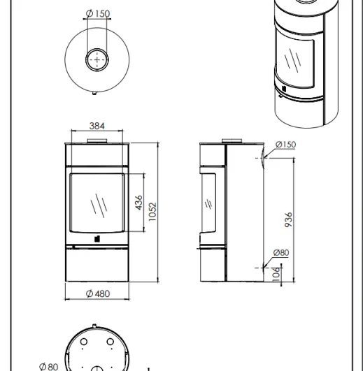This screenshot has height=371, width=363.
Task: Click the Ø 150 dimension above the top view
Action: (x=98, y=13)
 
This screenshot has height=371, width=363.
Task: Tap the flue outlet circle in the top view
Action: (x=97, y=49)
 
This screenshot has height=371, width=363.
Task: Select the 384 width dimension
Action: (x=97, y=126)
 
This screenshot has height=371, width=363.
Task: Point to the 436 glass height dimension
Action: (x=138, y=203)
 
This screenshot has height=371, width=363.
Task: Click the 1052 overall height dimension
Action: (x=152, y=212)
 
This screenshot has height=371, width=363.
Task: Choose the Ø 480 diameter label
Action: (x=98, y=293)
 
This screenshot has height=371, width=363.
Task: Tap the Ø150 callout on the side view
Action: (x=286, y=145)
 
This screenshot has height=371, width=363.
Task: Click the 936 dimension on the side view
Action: (x=288, y=220)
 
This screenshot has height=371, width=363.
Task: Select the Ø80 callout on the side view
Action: (x=281, y=253)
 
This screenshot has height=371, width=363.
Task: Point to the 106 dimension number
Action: (x=276, y=274)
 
